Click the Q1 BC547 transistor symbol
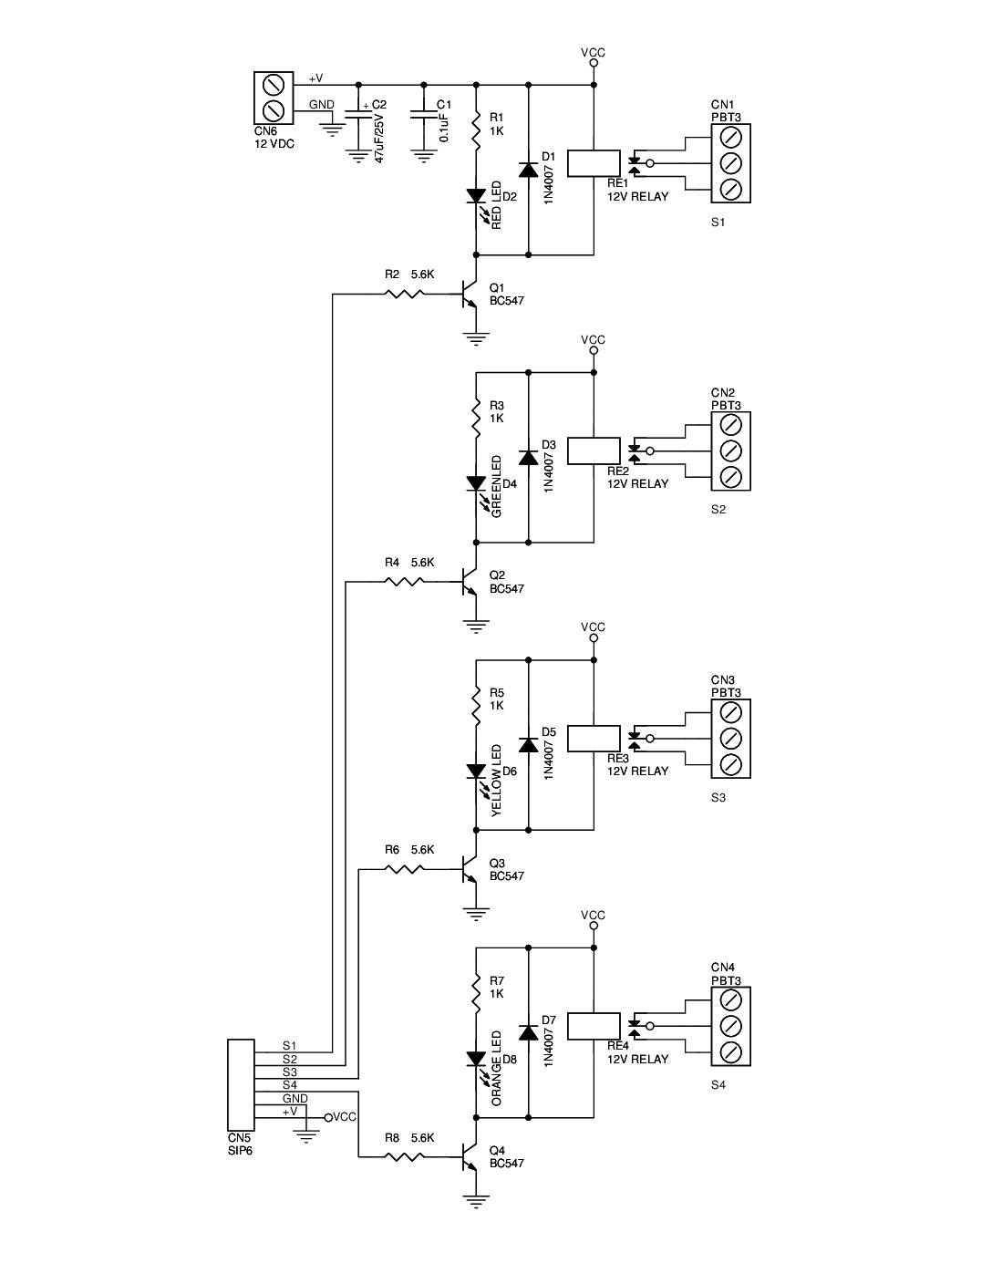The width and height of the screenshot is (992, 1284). click(469, 295)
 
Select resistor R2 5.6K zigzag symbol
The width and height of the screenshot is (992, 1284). click(404, 294)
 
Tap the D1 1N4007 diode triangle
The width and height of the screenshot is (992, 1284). click(528, 170)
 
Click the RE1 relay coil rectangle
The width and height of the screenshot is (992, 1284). click(594, 162)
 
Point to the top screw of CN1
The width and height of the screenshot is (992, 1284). click(730, 137)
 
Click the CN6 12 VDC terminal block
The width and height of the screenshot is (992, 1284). click(274, 98)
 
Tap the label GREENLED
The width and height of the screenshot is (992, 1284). click(497, 487)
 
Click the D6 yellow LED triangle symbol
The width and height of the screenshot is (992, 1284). click(476, 771)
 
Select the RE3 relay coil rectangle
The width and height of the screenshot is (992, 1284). click(594, 738)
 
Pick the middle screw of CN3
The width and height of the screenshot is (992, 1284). click(730, 738)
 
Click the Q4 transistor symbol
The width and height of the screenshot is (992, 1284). click(469, 1158)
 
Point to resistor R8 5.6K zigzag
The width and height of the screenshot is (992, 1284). click(404, 1157)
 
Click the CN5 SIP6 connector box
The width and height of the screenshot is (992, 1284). click(241, 1085)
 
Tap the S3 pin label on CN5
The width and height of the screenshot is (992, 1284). click(289, 1072)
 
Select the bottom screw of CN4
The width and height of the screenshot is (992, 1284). click(730, 1051)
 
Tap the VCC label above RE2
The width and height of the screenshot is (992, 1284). click(593, 339)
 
